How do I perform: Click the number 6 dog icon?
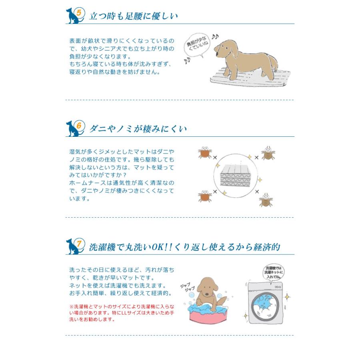pyautogui.click(x=75, y=128)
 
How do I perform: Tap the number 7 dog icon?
pyautogui.click(x=75, y=246)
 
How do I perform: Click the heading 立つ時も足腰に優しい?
pyautogui.click(x=133, y=16)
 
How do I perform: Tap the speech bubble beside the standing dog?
pyautogui.click(x=197, y=46)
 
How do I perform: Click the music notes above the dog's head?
pyautogui.click(x=215, y=37)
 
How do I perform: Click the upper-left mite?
pyautogui.click(x=205, y=152)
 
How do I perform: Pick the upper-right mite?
pyautogui.click(x=268, y=152)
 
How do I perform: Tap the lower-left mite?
pyautogui.click(x=205, y=196)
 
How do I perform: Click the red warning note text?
pyautogui.click(x=122, y=313)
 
